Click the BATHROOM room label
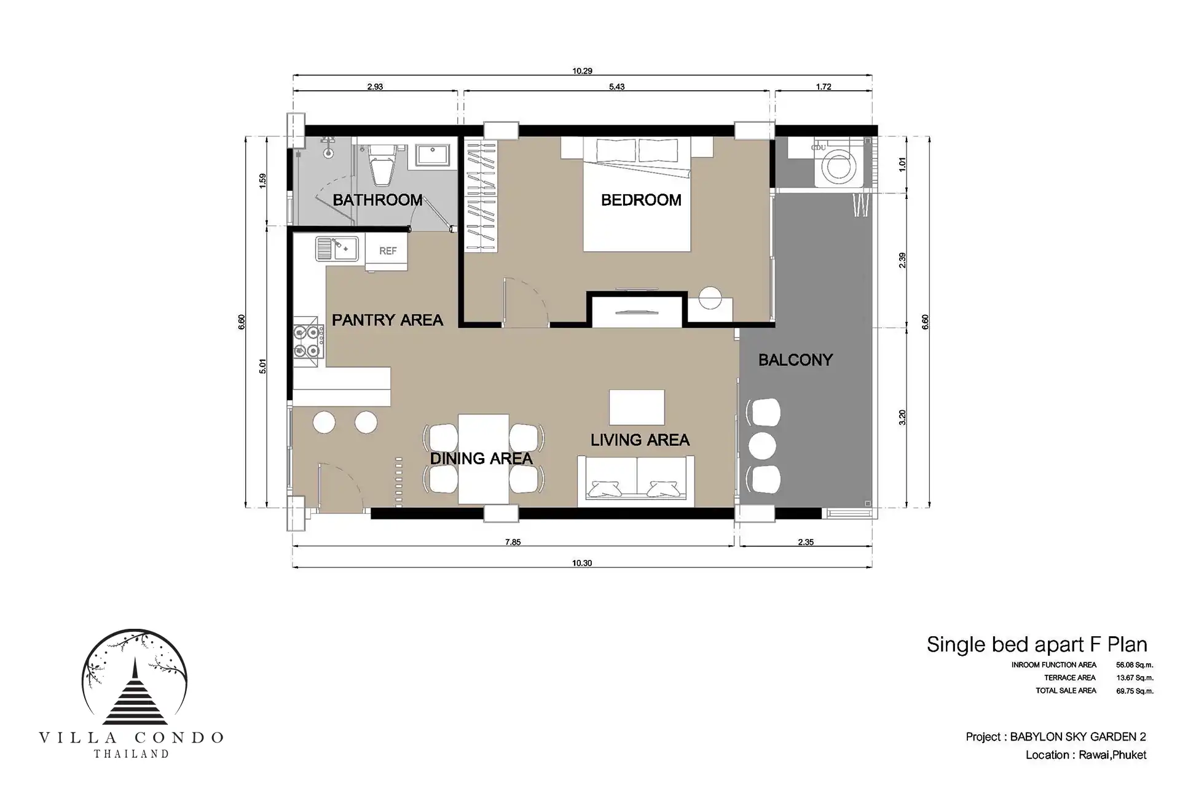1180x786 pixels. point(377,200)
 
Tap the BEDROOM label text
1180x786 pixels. point(641,200)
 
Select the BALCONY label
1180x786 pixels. point(795,360)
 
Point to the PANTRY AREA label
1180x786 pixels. point(387,320)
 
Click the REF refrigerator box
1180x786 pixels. point(387,251)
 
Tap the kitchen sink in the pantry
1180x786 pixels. point(337,249)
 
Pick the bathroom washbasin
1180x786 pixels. point(433,155)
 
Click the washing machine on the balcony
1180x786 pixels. point(839,164)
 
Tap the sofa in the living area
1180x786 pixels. point(635,481)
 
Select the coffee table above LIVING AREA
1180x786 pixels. point(637,407)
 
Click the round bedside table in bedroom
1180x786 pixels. point(710,298)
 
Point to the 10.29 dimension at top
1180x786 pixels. point(582,71)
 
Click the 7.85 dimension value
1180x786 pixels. point(513,542)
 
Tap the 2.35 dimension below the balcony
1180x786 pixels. point(806,542)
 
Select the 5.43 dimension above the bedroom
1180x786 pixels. point(616,87)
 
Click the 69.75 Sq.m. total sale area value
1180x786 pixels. point(1135,691)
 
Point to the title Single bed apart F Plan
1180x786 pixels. point(1037,644)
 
